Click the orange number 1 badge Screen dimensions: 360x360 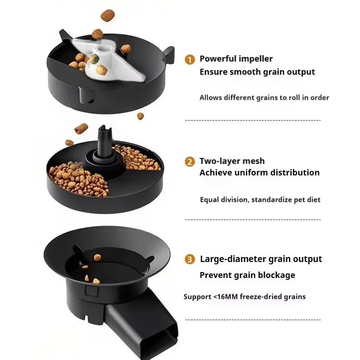click(x=190, y=59)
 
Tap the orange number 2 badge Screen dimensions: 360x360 click(x=190, y=162)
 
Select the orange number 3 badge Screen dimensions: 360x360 click(x=190, y=260)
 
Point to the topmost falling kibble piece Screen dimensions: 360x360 click(x=108, y=15)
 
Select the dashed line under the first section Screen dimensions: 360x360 click(x=253, y=120)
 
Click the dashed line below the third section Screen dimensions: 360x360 click(x=253, y=320)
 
